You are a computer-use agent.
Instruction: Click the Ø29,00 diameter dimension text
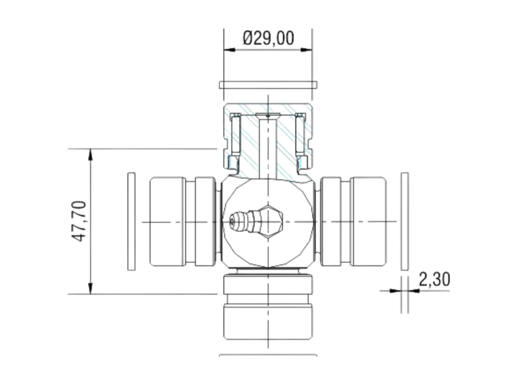pos(269,38)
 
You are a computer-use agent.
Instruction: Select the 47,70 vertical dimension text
pos(79,221)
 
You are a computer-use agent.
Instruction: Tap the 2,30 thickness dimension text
pos(434,279)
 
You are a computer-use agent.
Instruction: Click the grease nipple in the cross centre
pos(256,221)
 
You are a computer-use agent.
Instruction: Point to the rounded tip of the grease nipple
pos(232,221)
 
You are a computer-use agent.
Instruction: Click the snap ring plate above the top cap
pos(268,85)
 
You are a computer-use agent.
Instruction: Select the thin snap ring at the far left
pos(131,221)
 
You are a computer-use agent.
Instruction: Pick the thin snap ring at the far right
pos(405,221)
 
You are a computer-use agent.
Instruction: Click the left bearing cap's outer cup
pos(168,221)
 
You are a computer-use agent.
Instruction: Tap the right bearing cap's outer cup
pos(368,221)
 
